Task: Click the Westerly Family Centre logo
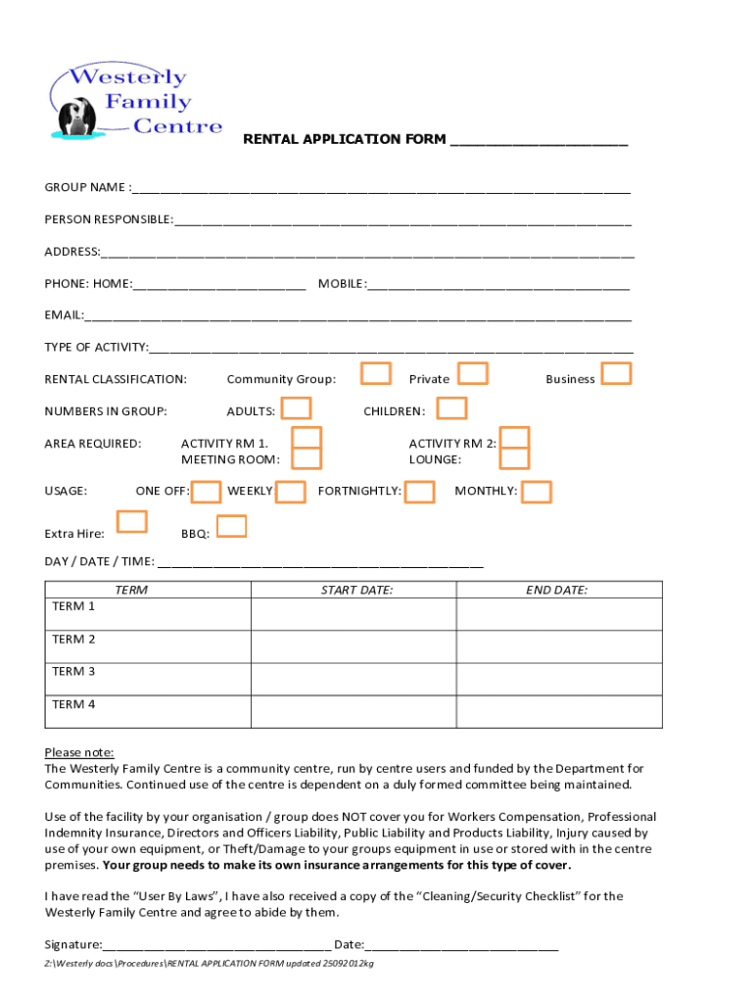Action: tap(134, 103)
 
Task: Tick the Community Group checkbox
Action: tap(376, 373)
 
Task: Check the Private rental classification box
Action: tap(474, 373)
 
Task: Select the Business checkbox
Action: tap(616, 373)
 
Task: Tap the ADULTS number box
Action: tap(297, 407)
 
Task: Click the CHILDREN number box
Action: tap(451, 407)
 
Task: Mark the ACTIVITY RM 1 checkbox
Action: tap(307, 438)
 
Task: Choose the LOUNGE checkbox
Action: tap(515, 457)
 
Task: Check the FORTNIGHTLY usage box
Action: tap(419, 492)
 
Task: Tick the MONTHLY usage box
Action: tap(537, 492)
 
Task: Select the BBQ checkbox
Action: tap(231, 527)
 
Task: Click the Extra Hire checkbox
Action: tap(131, 522)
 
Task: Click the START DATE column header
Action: tap(356, 590)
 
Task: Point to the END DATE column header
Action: tap(556, 590)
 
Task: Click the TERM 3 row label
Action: tap(74, 672)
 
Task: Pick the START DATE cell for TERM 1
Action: tap(353, 613)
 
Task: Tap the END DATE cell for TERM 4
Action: tap(559, 711)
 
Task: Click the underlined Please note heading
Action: tap(79, 752)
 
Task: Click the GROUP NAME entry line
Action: tap(382, 188)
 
